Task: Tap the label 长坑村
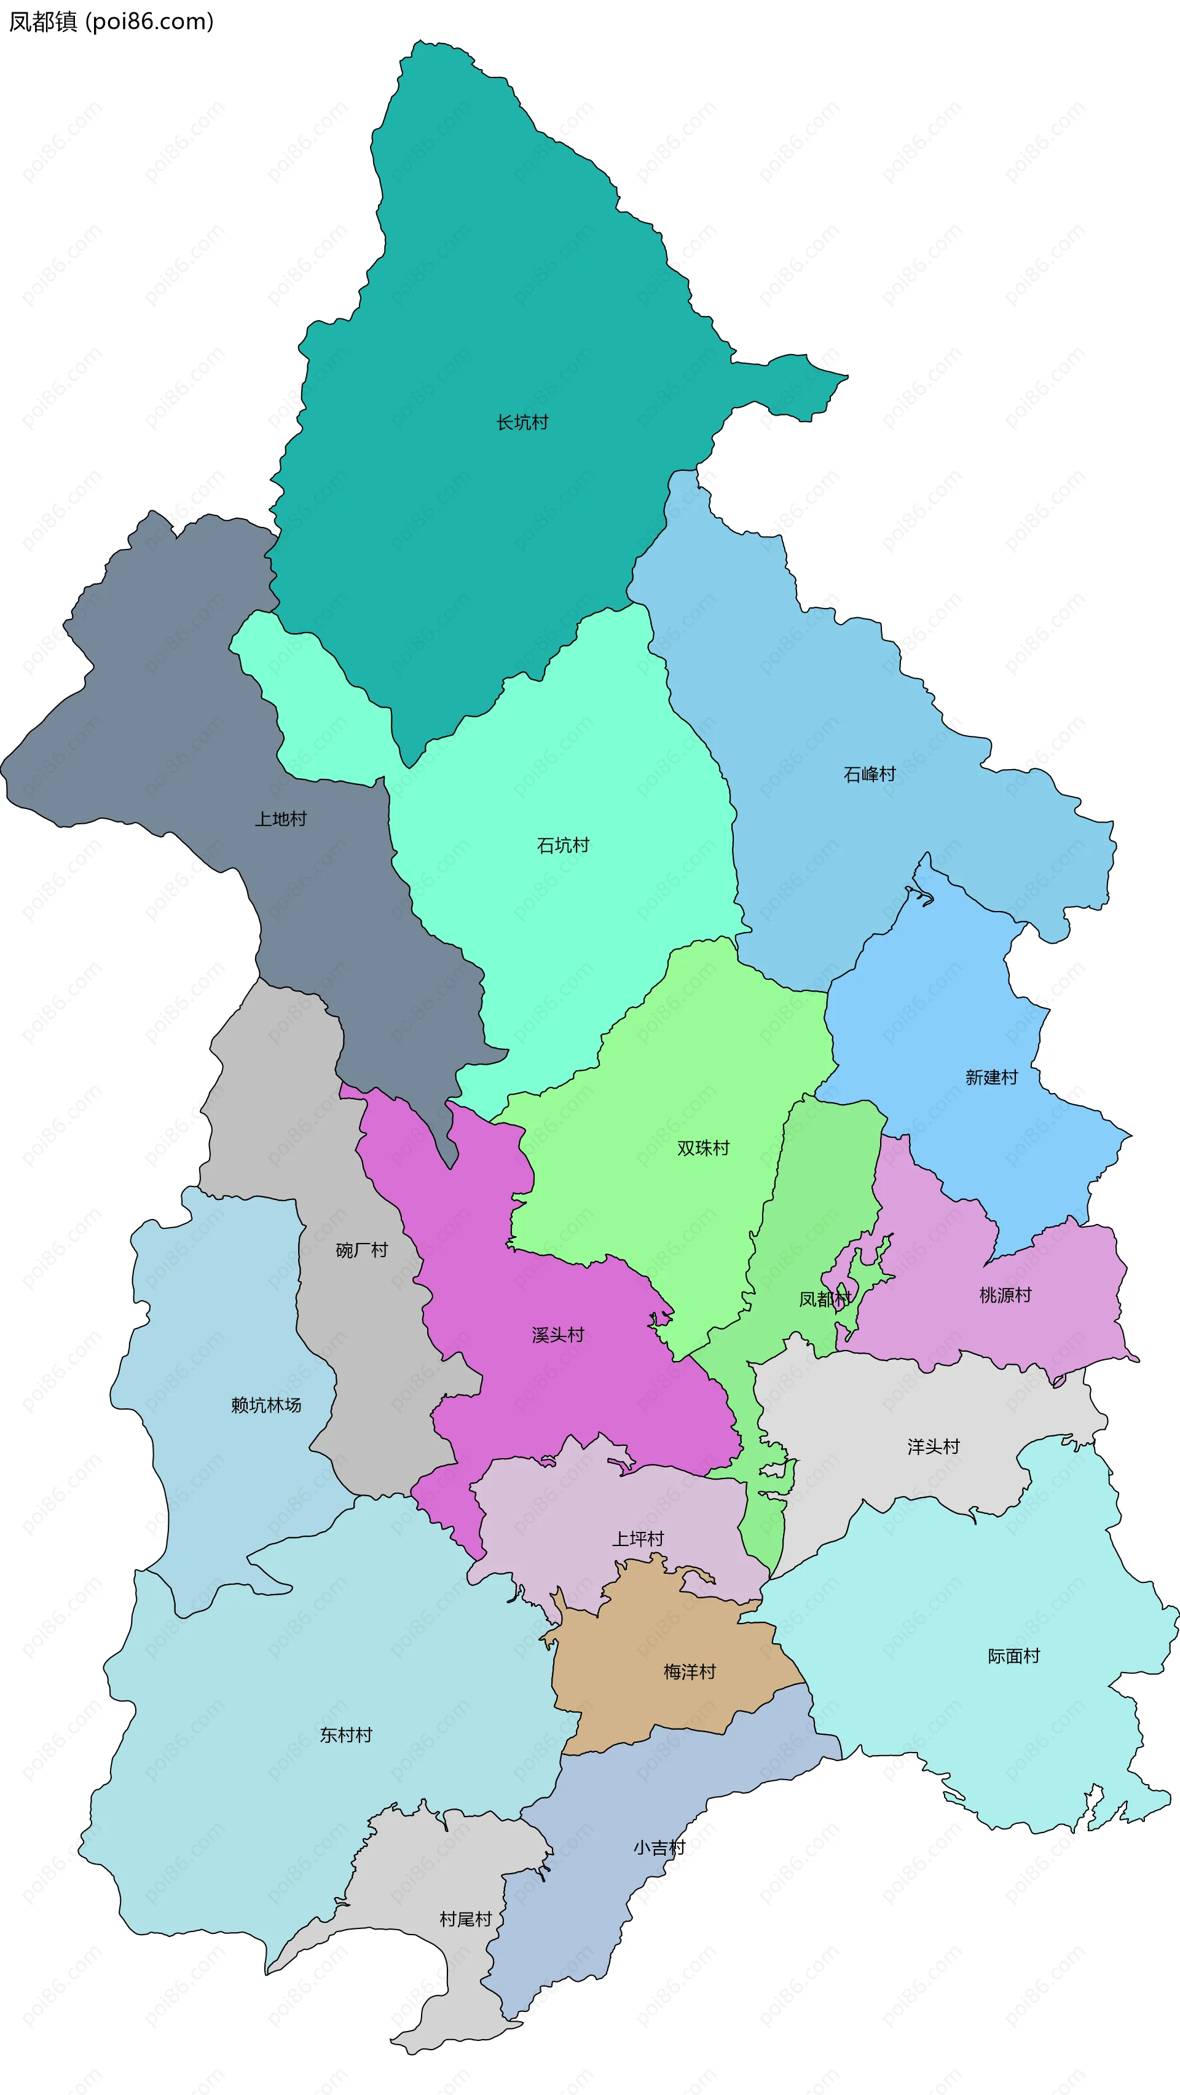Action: click(522, 422)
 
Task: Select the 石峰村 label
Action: click(870, 774)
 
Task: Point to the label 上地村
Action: click(281, 819)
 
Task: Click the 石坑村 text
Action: click(563, 845)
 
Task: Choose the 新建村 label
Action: click(991, 1078)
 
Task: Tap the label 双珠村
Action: click(704, 1148)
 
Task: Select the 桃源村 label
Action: click(1005, 1295)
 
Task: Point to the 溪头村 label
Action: click(558, 1335)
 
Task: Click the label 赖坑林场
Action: click(266, 1405)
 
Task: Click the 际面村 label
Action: click(1013, 1656)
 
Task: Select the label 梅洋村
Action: click(690, 1671)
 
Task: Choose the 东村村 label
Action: click(345, 1735)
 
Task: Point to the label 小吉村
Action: click(659, 1848)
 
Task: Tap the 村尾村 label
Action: click(466, 1919)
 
